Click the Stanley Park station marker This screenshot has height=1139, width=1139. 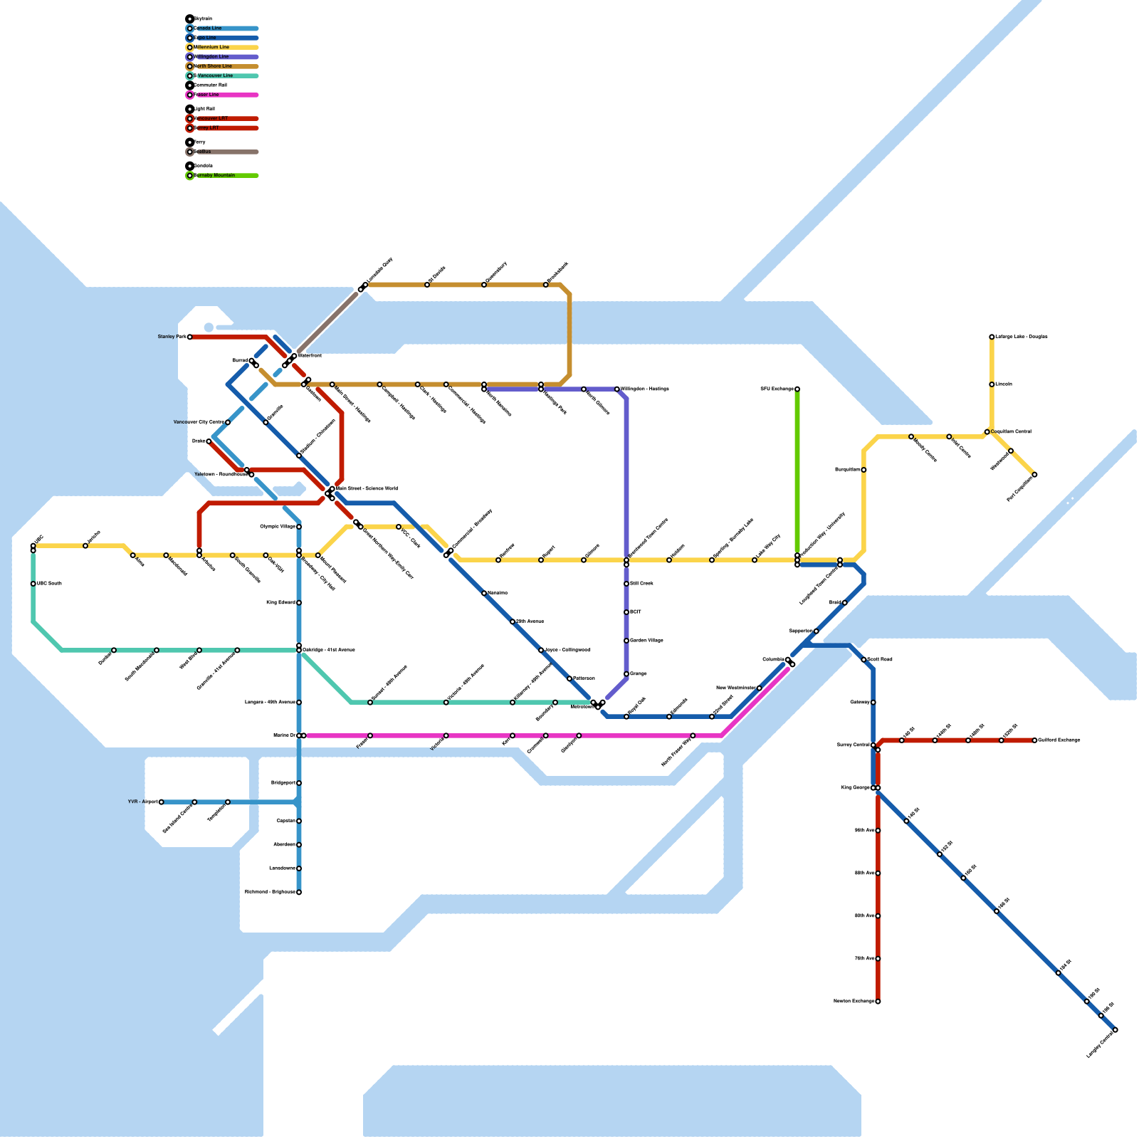pos(190,337)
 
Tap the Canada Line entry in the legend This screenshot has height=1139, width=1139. pos(208,28)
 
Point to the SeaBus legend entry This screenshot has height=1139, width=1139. pos(203,152)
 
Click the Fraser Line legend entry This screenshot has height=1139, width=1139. pos(206,95)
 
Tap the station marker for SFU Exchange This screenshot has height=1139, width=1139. pos(797,389)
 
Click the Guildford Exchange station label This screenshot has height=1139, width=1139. pos(1059,740)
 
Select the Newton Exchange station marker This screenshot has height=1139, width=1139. pos(878,1002)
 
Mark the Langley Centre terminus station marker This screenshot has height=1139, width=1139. pos(1115,1030)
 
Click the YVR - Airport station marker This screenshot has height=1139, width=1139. pos(162,802)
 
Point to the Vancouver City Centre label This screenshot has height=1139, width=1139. pos(199,422)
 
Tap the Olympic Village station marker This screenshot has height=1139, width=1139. pos(299,527)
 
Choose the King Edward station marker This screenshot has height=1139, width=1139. pos(299,603)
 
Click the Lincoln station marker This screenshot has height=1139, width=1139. pos(992,384)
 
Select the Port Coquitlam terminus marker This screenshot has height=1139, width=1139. pos(1034,475)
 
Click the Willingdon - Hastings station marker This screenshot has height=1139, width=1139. pos(617,389)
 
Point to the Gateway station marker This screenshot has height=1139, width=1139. pos(873,703)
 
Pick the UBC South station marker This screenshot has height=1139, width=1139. pos(33,584)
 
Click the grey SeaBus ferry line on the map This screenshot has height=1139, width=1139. pos(327,322)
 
